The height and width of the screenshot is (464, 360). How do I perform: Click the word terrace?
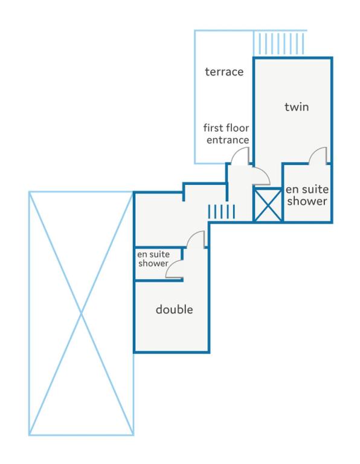224,72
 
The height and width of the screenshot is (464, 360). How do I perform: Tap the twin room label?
297,106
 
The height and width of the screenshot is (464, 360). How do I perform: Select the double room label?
174,309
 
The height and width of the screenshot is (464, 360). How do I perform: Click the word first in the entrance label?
214,128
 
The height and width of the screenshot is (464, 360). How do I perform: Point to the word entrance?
228,140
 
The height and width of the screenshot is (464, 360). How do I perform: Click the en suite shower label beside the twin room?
307,195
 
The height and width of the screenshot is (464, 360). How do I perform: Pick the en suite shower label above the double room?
153,259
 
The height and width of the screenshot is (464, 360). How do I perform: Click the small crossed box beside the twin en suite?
268,205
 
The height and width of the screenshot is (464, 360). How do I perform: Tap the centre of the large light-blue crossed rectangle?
82,314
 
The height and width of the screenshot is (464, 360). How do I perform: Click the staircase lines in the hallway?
222,212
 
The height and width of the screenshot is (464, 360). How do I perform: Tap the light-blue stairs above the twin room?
278,43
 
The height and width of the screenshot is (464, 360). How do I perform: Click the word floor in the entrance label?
237,128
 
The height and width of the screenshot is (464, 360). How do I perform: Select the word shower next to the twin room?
307,201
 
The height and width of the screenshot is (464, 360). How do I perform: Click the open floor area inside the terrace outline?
224,101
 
